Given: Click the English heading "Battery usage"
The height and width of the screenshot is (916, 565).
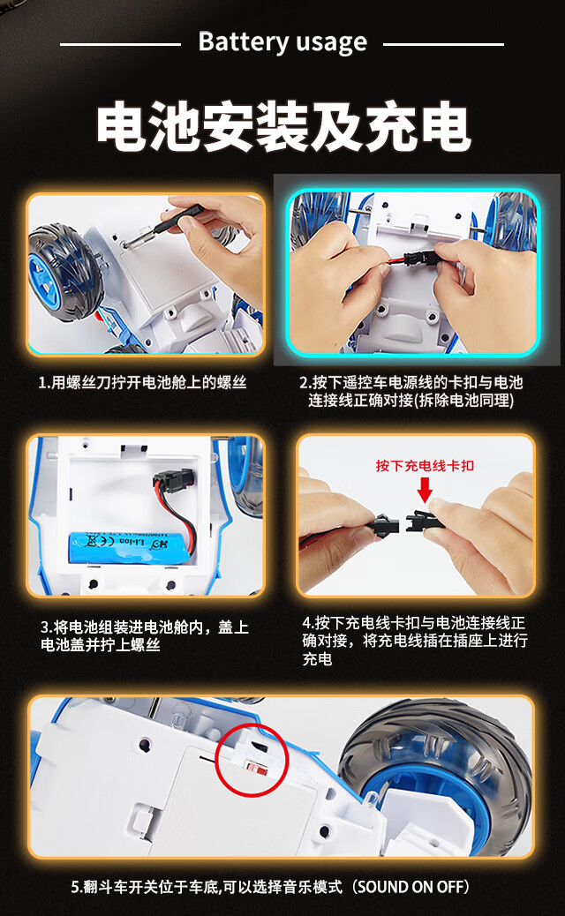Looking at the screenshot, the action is (282, 42).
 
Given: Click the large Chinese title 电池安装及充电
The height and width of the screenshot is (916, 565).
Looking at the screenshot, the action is (283, 126).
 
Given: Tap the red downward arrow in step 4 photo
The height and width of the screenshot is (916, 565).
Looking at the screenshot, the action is (425, 490).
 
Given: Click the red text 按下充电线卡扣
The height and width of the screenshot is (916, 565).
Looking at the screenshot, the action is (425, 466).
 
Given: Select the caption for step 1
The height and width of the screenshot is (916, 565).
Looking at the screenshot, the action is (142, 383).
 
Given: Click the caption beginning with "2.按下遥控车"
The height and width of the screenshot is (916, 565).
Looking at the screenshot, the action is (411, 392).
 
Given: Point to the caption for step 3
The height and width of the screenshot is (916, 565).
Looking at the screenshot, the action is (145, 636).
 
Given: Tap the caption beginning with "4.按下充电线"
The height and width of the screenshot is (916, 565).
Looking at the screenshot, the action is (415, 641).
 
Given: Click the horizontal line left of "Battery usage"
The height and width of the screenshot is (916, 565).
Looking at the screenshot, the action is (120, 44).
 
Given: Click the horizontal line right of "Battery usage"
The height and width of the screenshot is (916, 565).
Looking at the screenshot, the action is (443, 44).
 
